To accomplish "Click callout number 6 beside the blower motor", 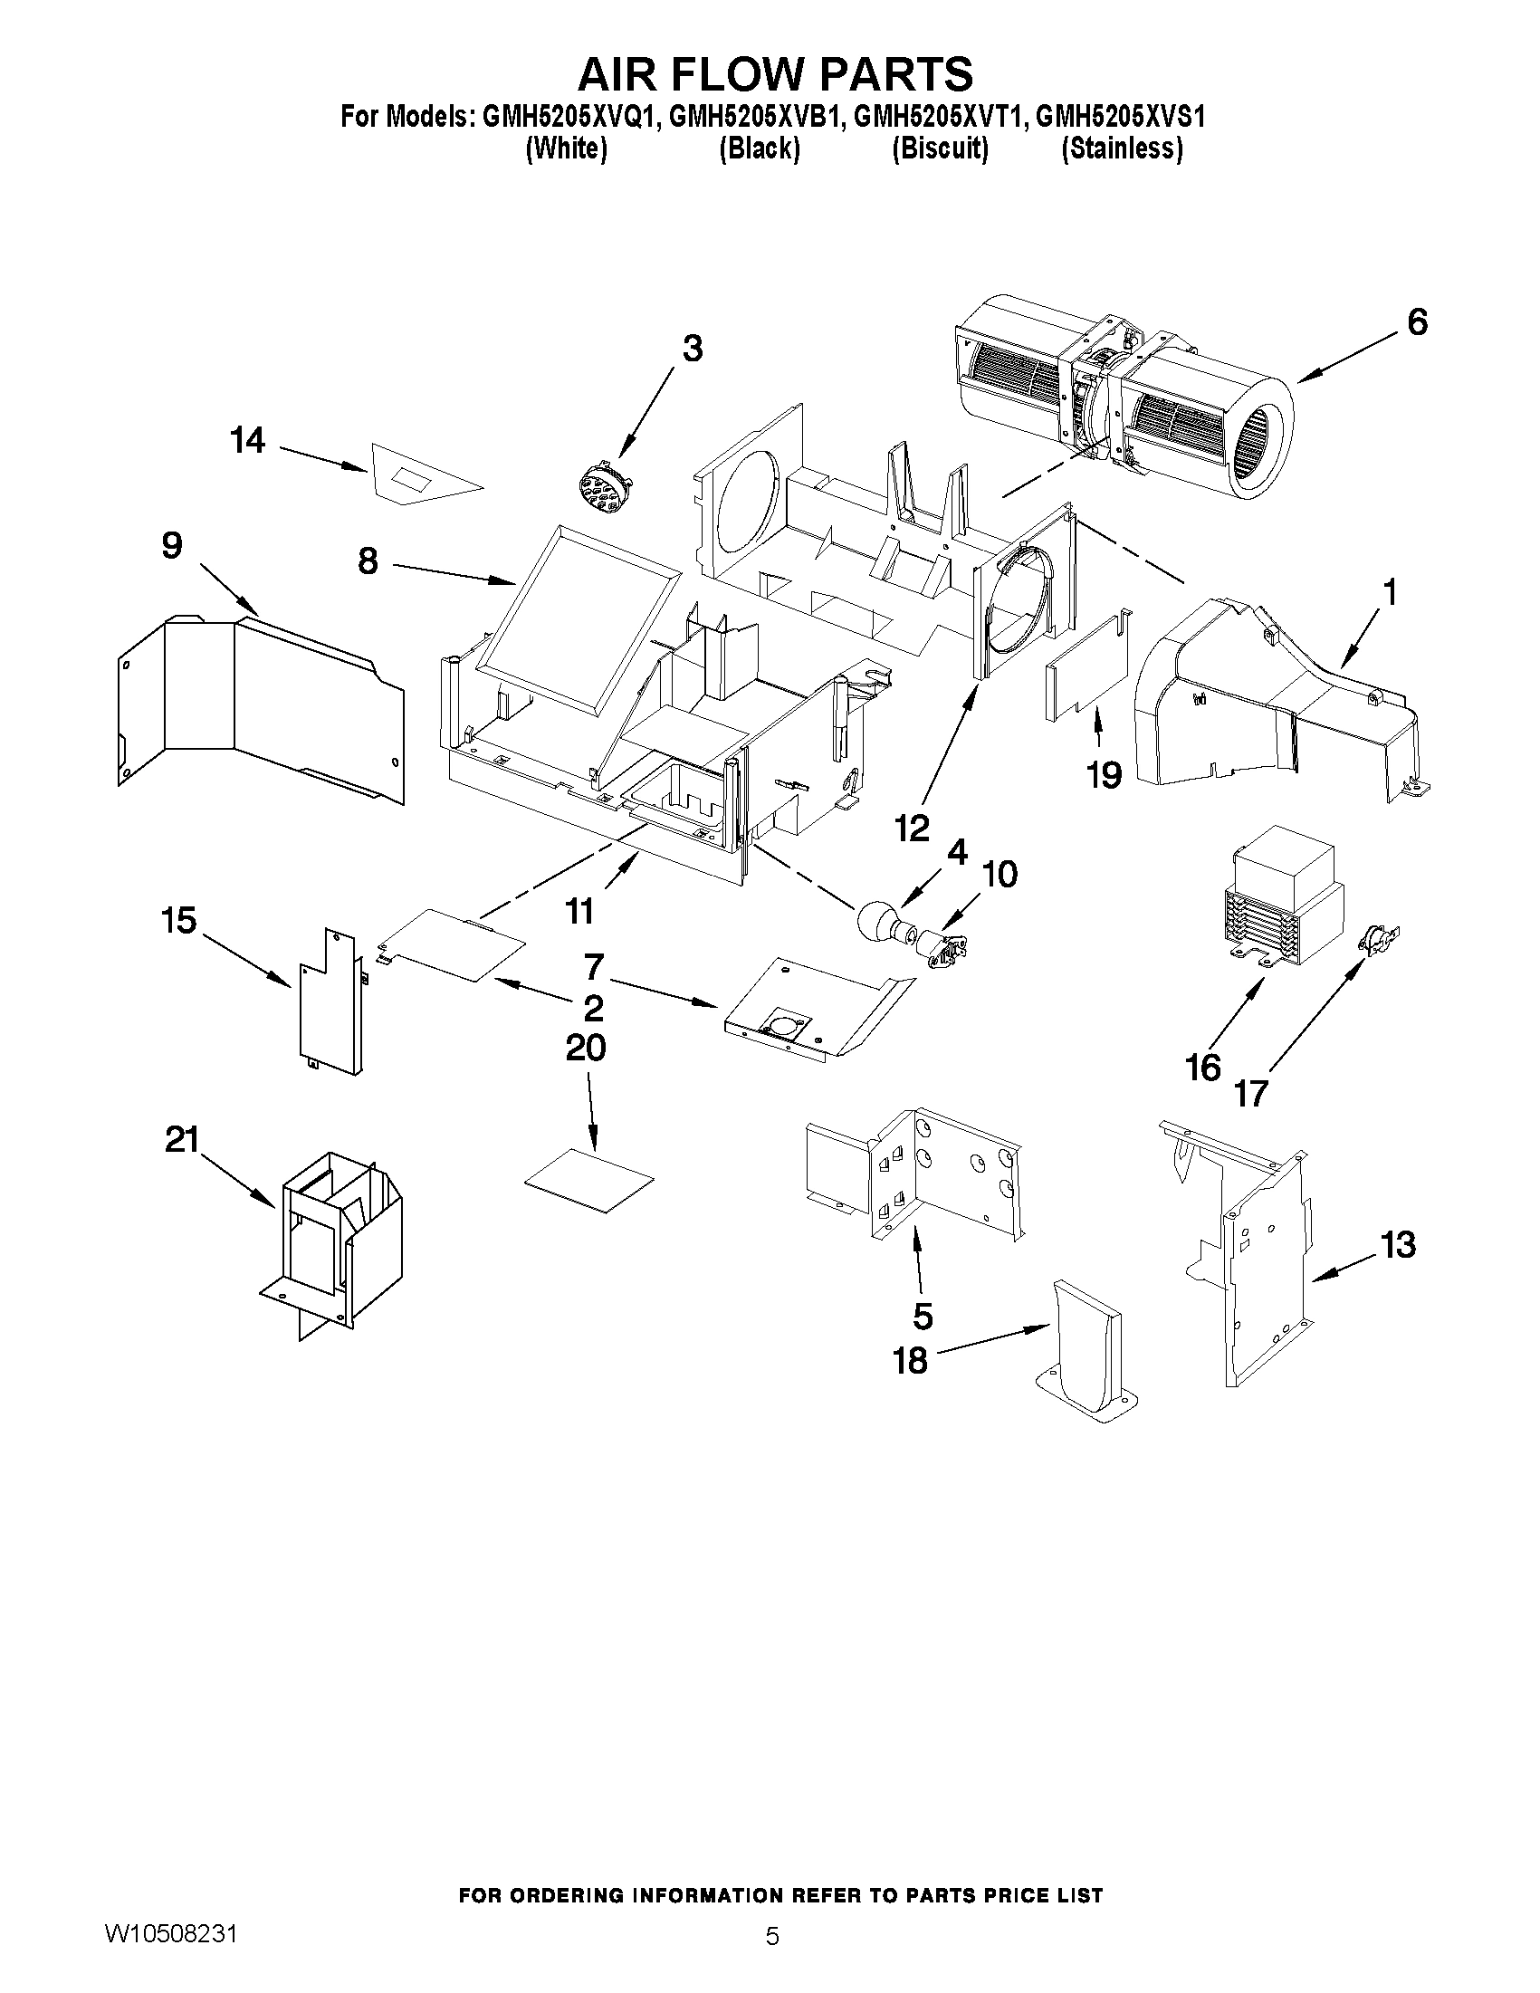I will coord(1416,322).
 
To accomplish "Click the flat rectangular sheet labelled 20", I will coord(589,1180).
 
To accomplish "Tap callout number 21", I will coord(182,1140).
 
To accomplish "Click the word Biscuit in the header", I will coord(940,148).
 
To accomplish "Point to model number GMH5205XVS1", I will coord(1121,117).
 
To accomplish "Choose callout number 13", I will coord(1398,1244).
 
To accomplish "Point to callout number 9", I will coord(171,545).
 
